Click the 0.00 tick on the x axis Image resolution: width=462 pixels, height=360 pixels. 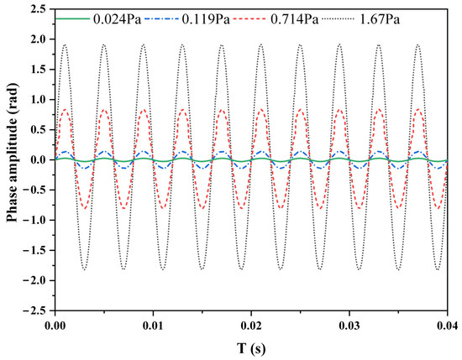click(x=55, y=324)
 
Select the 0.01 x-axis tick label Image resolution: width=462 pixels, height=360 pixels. click(x=154, y=324)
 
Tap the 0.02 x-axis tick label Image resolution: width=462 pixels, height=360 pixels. click(x=252, y=324)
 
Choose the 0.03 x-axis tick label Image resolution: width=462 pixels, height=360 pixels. click(x=349, y=324)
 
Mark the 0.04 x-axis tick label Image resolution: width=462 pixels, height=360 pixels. click(x=446, y=324)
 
